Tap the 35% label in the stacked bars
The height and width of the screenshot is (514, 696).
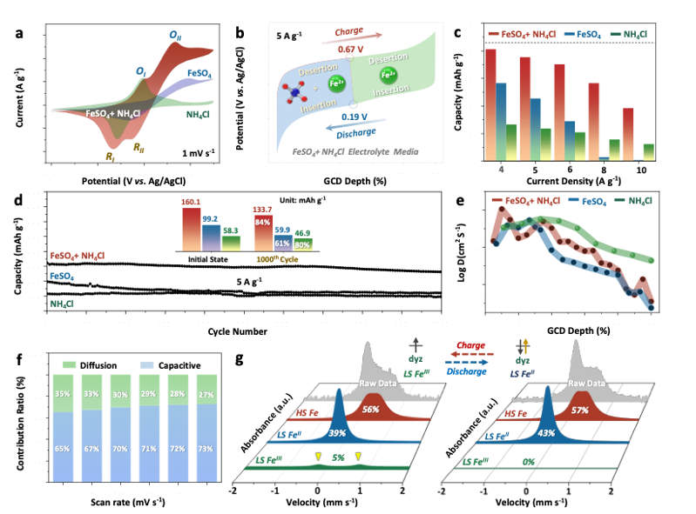click(x=62, y=392)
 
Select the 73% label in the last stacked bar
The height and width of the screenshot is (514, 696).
click(x=206, y=448)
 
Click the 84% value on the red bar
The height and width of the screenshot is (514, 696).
click(x=262, y=222)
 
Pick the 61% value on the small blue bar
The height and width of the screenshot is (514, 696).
click(x=282, y=243)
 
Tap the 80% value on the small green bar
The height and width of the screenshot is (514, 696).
click(x=302, y=244)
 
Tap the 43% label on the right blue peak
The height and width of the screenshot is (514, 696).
click(x=546, y=432)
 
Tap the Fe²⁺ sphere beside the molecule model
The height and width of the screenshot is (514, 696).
click(x=335, y=84)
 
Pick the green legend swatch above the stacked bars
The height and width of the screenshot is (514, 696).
click(x=70, y=364)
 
